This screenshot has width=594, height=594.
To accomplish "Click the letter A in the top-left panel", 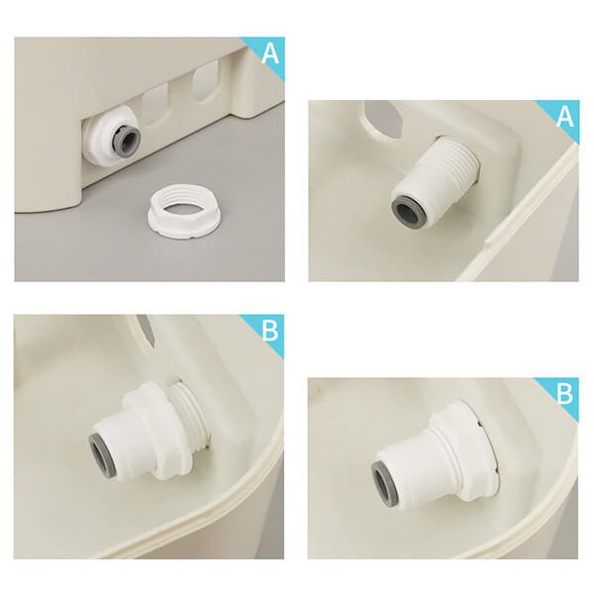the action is [x=270, y=53].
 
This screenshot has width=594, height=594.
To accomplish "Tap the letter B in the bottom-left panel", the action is [x=269, y=331].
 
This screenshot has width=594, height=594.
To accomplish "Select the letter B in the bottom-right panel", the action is [x=565, y=394].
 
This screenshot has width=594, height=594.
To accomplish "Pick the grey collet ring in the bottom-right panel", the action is [x=384, y=478].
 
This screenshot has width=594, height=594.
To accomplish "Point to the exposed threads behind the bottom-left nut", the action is [x=192, y=414].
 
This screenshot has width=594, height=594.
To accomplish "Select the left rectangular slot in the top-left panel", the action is [x=154, y=104].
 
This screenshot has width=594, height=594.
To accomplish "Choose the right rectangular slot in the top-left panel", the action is [x=207, y=82].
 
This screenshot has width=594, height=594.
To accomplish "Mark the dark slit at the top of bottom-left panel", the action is [x=147, y=330].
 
